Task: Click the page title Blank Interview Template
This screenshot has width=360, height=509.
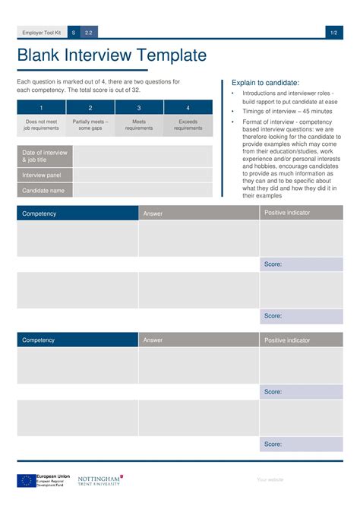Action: pos(112,55)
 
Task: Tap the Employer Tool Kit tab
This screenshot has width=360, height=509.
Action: pos(41,33)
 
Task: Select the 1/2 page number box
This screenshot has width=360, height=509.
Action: pos(334,33)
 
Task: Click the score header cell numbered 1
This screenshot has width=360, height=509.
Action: pos(41,108)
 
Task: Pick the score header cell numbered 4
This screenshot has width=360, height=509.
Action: pos(188,108)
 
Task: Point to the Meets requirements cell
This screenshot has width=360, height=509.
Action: pos(139,125)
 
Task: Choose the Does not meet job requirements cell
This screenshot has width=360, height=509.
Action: pos(41,125)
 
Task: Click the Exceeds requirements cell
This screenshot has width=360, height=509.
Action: pos(188,125)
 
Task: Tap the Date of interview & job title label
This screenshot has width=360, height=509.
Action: pos(45,156)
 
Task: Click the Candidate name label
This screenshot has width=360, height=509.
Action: pos(45,191)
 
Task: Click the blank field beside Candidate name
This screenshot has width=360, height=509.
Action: pos(143,191)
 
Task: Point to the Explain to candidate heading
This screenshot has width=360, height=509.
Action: pos(266,83)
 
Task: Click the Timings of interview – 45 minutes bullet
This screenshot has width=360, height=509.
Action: pos(287,111)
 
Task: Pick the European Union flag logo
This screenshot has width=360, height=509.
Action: pos(26,480)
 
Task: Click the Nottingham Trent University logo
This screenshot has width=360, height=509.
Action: pos(99,480)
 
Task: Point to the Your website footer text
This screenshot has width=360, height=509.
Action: pos(270,479)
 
